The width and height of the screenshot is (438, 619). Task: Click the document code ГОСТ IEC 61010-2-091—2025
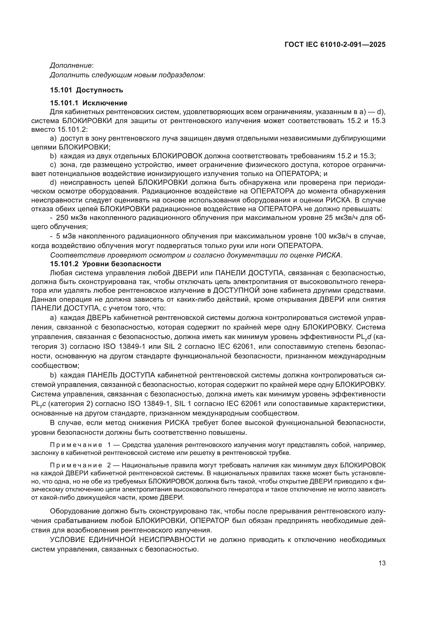point(335,45)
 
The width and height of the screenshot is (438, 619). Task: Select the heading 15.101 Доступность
point(86,90)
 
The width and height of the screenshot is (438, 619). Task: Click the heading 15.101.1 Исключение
point(88,103)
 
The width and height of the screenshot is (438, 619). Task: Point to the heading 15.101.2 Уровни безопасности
point(105,264)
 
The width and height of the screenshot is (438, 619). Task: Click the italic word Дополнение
point(71,65)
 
